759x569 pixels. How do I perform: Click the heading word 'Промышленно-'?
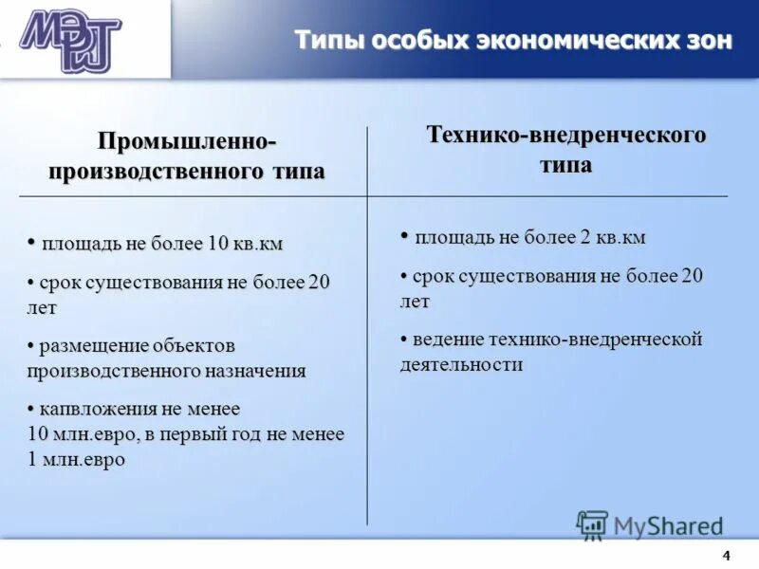(187, 141)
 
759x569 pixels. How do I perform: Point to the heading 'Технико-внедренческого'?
(566, 135)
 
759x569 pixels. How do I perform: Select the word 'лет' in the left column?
(42, 308)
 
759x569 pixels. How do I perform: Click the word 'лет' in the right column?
(414, 302)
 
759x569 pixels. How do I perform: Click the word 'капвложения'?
(92, 409)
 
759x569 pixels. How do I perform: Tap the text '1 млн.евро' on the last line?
(77, 459)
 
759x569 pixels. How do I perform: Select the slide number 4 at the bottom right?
(727, 556)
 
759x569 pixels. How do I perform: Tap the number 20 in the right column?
(693, 276)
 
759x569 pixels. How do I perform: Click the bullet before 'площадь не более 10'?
(32, 241)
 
